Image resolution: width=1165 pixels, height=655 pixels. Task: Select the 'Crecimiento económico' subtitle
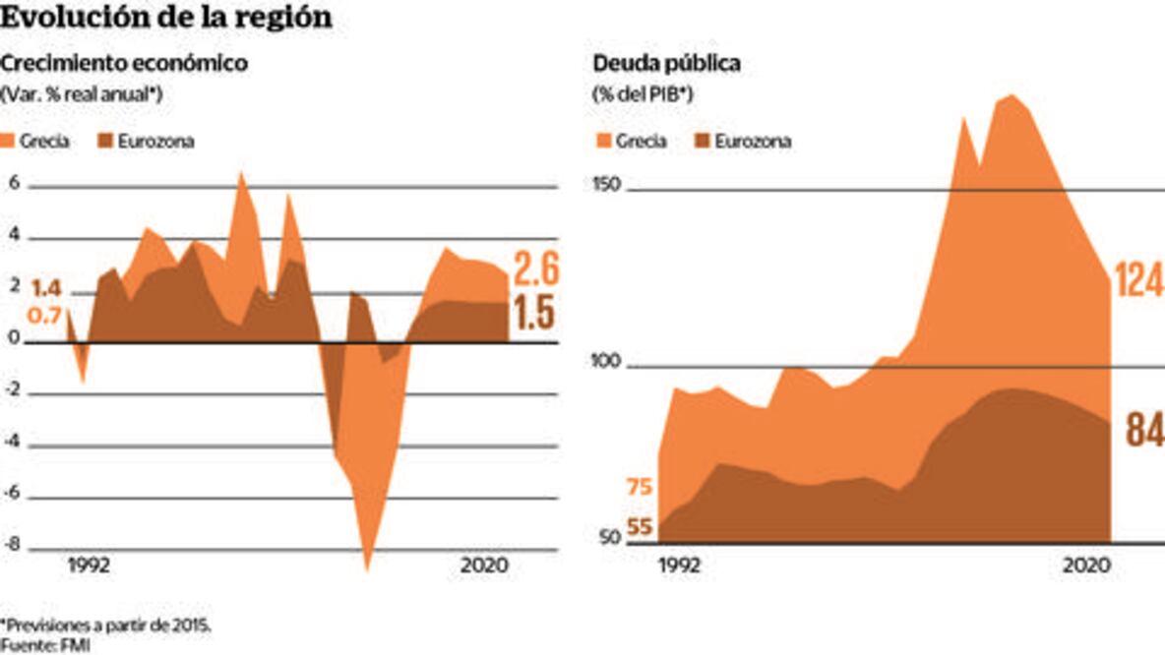click(124, 64)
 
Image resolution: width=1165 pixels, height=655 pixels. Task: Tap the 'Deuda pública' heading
click(666, 64)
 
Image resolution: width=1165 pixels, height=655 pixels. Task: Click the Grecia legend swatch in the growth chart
click(8, 141)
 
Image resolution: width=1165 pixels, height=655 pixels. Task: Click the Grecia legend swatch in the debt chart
click(603, 141)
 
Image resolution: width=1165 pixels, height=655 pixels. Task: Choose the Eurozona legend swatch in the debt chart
click(703, 141)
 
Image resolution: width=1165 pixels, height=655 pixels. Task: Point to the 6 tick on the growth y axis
click(14, 183)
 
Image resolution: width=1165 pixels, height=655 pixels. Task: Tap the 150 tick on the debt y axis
click(606, 184)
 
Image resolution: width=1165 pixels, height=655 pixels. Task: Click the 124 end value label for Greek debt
click(1138, 279)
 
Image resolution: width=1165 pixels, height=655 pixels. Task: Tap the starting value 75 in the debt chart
click(640, 488)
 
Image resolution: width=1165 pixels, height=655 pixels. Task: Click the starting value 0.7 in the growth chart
click(46, 315)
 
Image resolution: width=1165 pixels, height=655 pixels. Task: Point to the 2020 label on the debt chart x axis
click(1084, 566)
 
